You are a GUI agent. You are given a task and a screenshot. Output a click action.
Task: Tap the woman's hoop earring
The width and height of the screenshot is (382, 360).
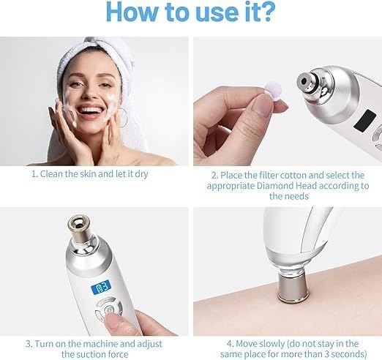[x=123, y=118]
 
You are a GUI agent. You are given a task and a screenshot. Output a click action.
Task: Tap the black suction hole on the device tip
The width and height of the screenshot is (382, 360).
[x=304, y=81]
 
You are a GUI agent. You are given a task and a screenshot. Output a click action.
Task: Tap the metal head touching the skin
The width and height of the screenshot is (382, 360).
[x=291, y=288]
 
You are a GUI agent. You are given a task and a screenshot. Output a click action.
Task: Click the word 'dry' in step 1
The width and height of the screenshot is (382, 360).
[x=141, y=174]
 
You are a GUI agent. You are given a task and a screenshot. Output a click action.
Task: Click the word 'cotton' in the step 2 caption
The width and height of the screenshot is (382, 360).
[x=310, y=175]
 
